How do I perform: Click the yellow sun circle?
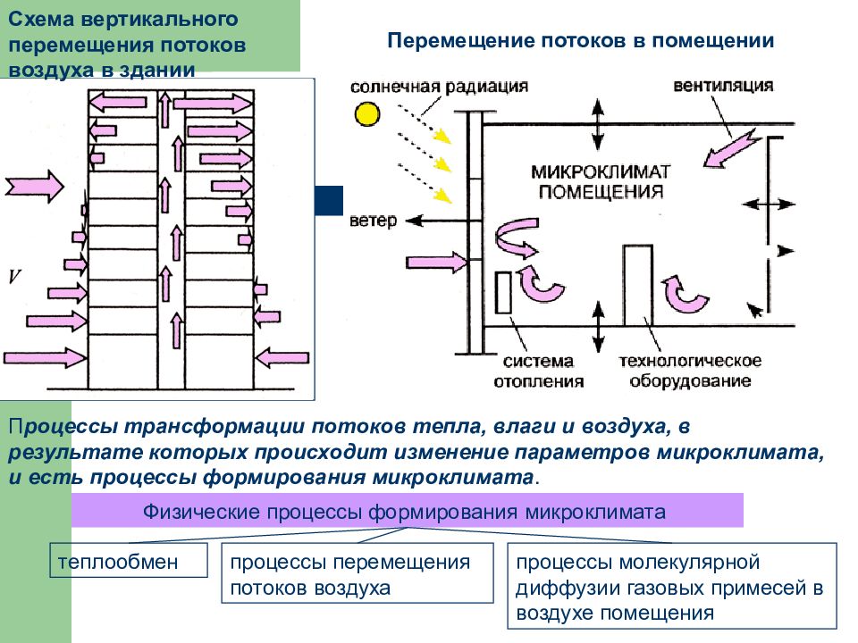[367, 114]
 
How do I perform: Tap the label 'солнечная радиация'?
[439, 87]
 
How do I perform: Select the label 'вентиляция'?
[723, 86]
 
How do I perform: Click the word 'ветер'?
[373, 221]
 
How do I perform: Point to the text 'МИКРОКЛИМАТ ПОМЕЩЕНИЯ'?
[601, 182]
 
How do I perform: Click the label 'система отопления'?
[538, 372]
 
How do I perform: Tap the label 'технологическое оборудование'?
[690, 371]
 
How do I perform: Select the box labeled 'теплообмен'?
[129, 560]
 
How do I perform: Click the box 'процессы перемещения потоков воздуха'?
[357, 573]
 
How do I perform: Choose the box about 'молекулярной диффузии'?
[672, 586]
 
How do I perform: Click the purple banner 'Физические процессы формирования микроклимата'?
[408, 510]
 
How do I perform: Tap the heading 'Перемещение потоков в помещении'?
[581, 40]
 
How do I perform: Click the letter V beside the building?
[14, 277]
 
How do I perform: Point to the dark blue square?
[329, 200]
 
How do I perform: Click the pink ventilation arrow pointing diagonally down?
[731, 147]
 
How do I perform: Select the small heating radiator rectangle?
[503, 293]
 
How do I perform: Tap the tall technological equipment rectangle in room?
[638, 286]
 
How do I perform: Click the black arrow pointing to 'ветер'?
[436, 221]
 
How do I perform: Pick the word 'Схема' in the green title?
[41, 20]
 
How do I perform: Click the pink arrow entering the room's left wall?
[437, 263]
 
